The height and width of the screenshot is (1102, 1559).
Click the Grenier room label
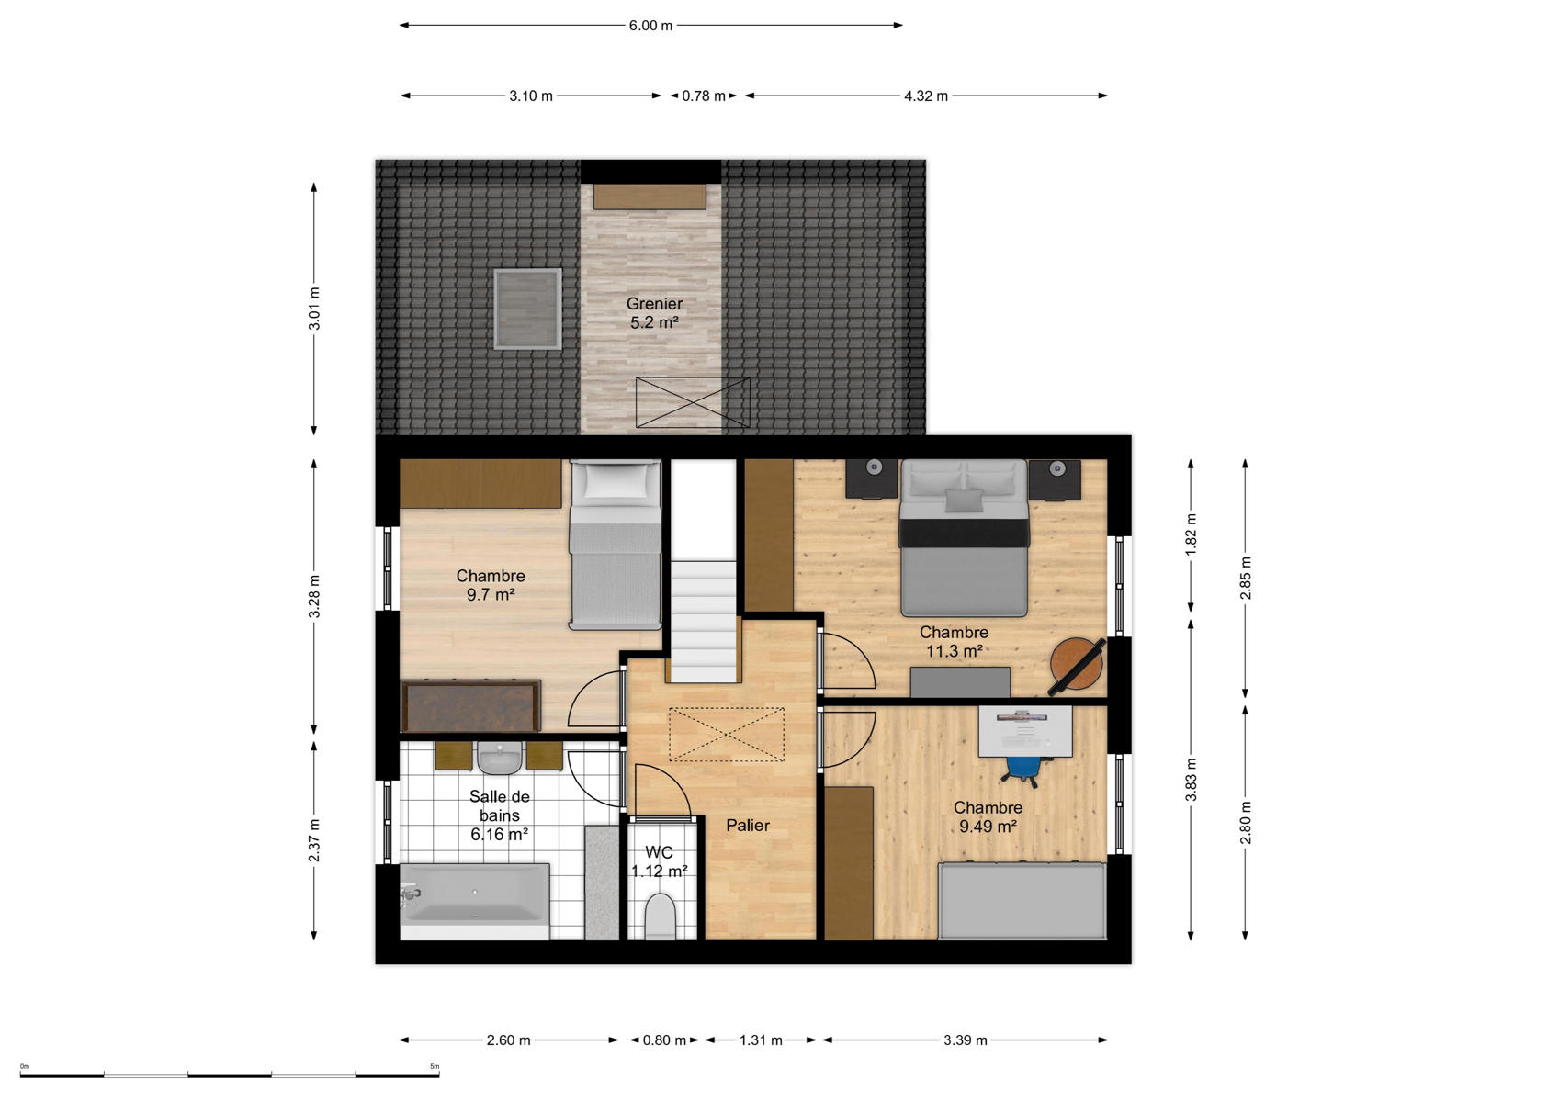pos(654,304)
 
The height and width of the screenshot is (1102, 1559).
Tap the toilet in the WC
pos(660,916)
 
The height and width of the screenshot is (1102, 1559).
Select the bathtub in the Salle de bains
pos(475,903)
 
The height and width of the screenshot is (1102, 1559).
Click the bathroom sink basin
pos(499,758)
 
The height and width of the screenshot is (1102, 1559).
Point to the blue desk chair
pos(1023,768)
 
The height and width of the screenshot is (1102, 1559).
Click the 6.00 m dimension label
pos(650,26)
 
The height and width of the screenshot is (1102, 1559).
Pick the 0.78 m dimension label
pos(704,96)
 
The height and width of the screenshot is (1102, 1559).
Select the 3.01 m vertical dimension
pos(314,309)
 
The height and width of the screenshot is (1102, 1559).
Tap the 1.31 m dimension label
pos(761,1040)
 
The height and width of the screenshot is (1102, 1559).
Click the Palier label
pos(748,825)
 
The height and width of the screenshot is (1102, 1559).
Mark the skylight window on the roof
pos(527,309)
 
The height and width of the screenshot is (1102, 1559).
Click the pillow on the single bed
pos(616,480)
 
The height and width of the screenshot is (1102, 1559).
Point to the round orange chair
pos(1076,665)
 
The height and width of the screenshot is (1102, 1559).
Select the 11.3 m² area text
pos(954,651)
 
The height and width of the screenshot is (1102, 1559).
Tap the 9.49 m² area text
pos(988,826)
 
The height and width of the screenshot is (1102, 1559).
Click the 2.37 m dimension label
pos(314,839)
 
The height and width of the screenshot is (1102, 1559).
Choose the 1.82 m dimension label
pos(1191,534)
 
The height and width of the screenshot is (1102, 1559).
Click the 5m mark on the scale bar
pos(435,1066)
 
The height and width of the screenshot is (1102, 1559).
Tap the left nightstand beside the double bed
pos(872,478)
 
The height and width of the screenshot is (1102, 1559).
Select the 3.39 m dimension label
pos(966,1040)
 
